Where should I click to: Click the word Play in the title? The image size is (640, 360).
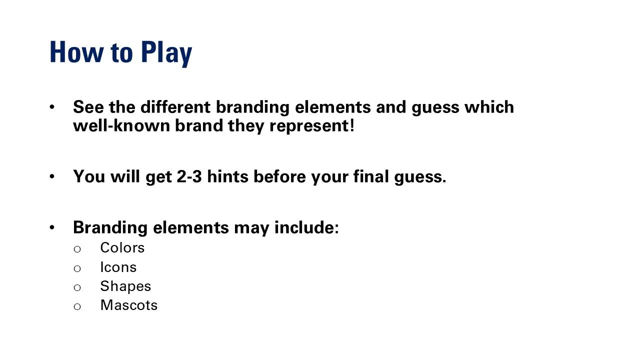coord(166,52)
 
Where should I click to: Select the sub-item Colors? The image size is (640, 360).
coord(122,248)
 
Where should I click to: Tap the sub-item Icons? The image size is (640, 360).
coord(118,267)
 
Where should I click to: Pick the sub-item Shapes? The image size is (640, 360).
coord(125,286)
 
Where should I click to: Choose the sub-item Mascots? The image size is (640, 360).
coord(128,305)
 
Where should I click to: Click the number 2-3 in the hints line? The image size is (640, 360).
coord(189,176)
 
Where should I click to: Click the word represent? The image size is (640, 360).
coord(309,126)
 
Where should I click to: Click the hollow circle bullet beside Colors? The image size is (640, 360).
coord(77,249)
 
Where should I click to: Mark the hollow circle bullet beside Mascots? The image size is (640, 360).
coord(77,306)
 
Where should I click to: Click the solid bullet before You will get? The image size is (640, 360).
coord(52,176)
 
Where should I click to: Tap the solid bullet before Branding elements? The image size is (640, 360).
coord(52,227)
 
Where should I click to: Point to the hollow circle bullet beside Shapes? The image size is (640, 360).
coord(77,287)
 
